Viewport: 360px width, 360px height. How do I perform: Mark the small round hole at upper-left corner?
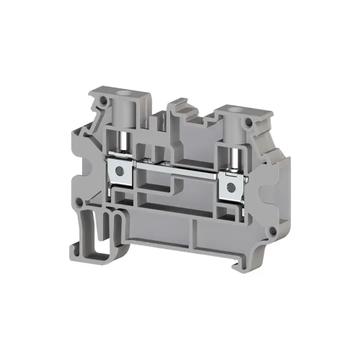pyautogui.click(x=102, y=102)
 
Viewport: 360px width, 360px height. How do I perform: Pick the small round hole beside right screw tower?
pyautogui.click(x=248, y=124)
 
